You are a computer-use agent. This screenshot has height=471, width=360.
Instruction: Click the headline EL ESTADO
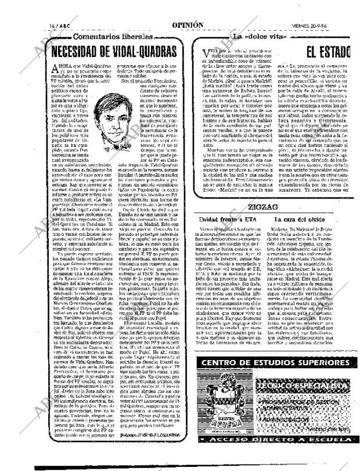328,53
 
